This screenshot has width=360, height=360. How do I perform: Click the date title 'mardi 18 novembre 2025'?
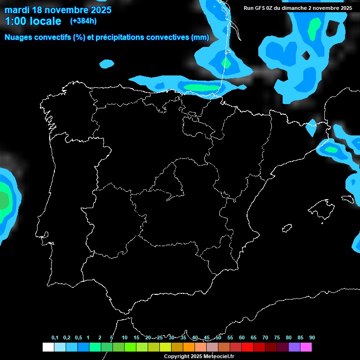[58, 9]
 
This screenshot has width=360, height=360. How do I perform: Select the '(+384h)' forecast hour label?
[83, 21]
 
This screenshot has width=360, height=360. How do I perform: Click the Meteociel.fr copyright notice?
[199, 356]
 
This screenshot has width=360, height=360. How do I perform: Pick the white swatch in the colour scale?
[48, 347]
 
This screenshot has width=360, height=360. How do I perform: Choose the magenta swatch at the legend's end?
[306, 347]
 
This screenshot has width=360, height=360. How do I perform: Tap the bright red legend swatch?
[247, 347]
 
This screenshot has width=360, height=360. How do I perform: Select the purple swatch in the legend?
[294, 347]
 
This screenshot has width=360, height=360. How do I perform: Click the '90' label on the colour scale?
[312, 338]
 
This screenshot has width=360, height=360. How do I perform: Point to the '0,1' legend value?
[55, 338]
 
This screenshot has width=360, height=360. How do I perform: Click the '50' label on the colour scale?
[218, 338]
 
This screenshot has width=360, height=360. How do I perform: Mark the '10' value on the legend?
[125, 338]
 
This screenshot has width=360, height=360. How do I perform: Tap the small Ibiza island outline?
[286, 228]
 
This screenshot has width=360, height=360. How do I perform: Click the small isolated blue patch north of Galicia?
[107, 63]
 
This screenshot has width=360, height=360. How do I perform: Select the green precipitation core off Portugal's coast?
[4, 201]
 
